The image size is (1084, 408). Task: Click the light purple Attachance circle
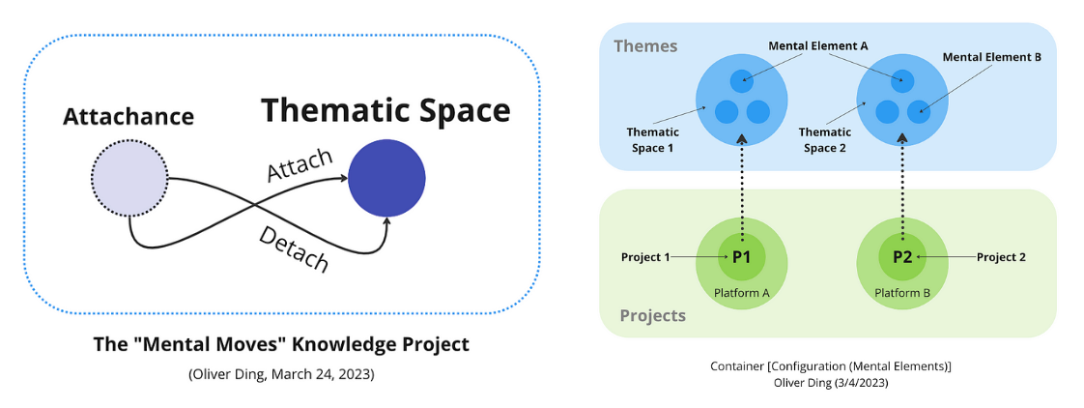[129, 177]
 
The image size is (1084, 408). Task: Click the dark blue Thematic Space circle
[387, 177]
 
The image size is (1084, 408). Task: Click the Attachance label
[128, 117]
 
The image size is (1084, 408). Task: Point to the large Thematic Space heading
[385, 110]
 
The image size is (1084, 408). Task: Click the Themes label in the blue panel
[645, 45]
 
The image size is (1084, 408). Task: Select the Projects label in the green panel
[652, 315]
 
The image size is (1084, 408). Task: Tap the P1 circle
[742, 257]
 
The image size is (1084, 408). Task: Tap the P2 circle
[902, 257]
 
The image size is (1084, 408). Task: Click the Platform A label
[742, 292]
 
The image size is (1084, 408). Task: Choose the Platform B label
[902, 292]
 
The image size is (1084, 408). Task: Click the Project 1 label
[644, 257]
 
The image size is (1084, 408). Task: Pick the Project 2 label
[1001, 257]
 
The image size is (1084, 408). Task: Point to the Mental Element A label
[817, 45]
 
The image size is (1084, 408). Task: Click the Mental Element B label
[991, 57]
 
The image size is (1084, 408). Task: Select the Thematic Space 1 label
[653, 139]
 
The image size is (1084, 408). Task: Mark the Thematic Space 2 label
[825, 139]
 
